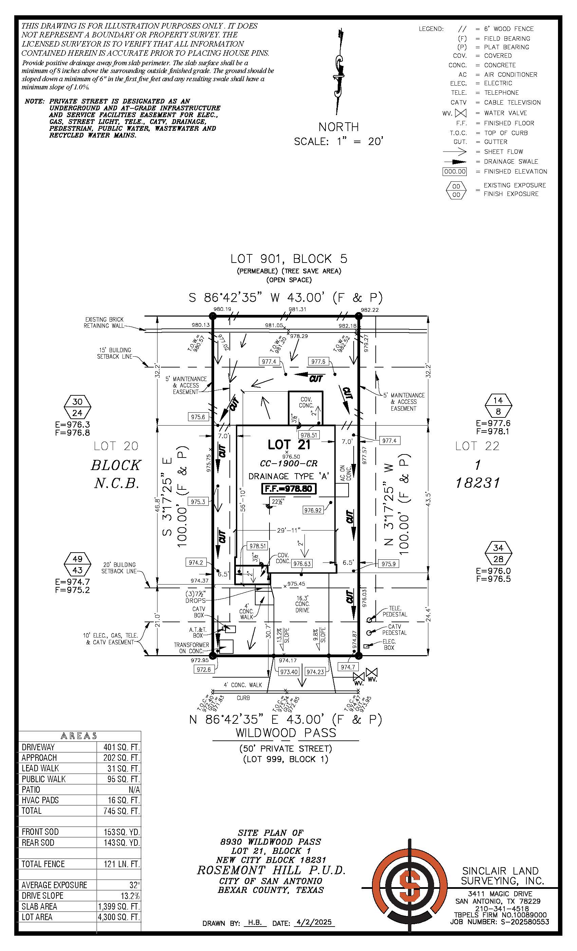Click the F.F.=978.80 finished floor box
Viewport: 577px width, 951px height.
point(289,489)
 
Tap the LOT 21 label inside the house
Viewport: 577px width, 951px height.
point(289,445)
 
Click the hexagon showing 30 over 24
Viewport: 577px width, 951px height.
point(77,407)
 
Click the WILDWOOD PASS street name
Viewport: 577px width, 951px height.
point(286,733)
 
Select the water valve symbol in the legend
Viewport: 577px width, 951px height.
point(461,113)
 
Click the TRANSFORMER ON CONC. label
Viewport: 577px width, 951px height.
point(191,648)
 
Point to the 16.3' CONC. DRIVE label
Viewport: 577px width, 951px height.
point(302,604)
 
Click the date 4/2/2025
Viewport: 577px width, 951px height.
point(314,922)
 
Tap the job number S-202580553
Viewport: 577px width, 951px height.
point(524,922)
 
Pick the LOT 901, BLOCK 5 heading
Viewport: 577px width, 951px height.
point(289,258)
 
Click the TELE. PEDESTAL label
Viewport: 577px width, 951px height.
point(395,611)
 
